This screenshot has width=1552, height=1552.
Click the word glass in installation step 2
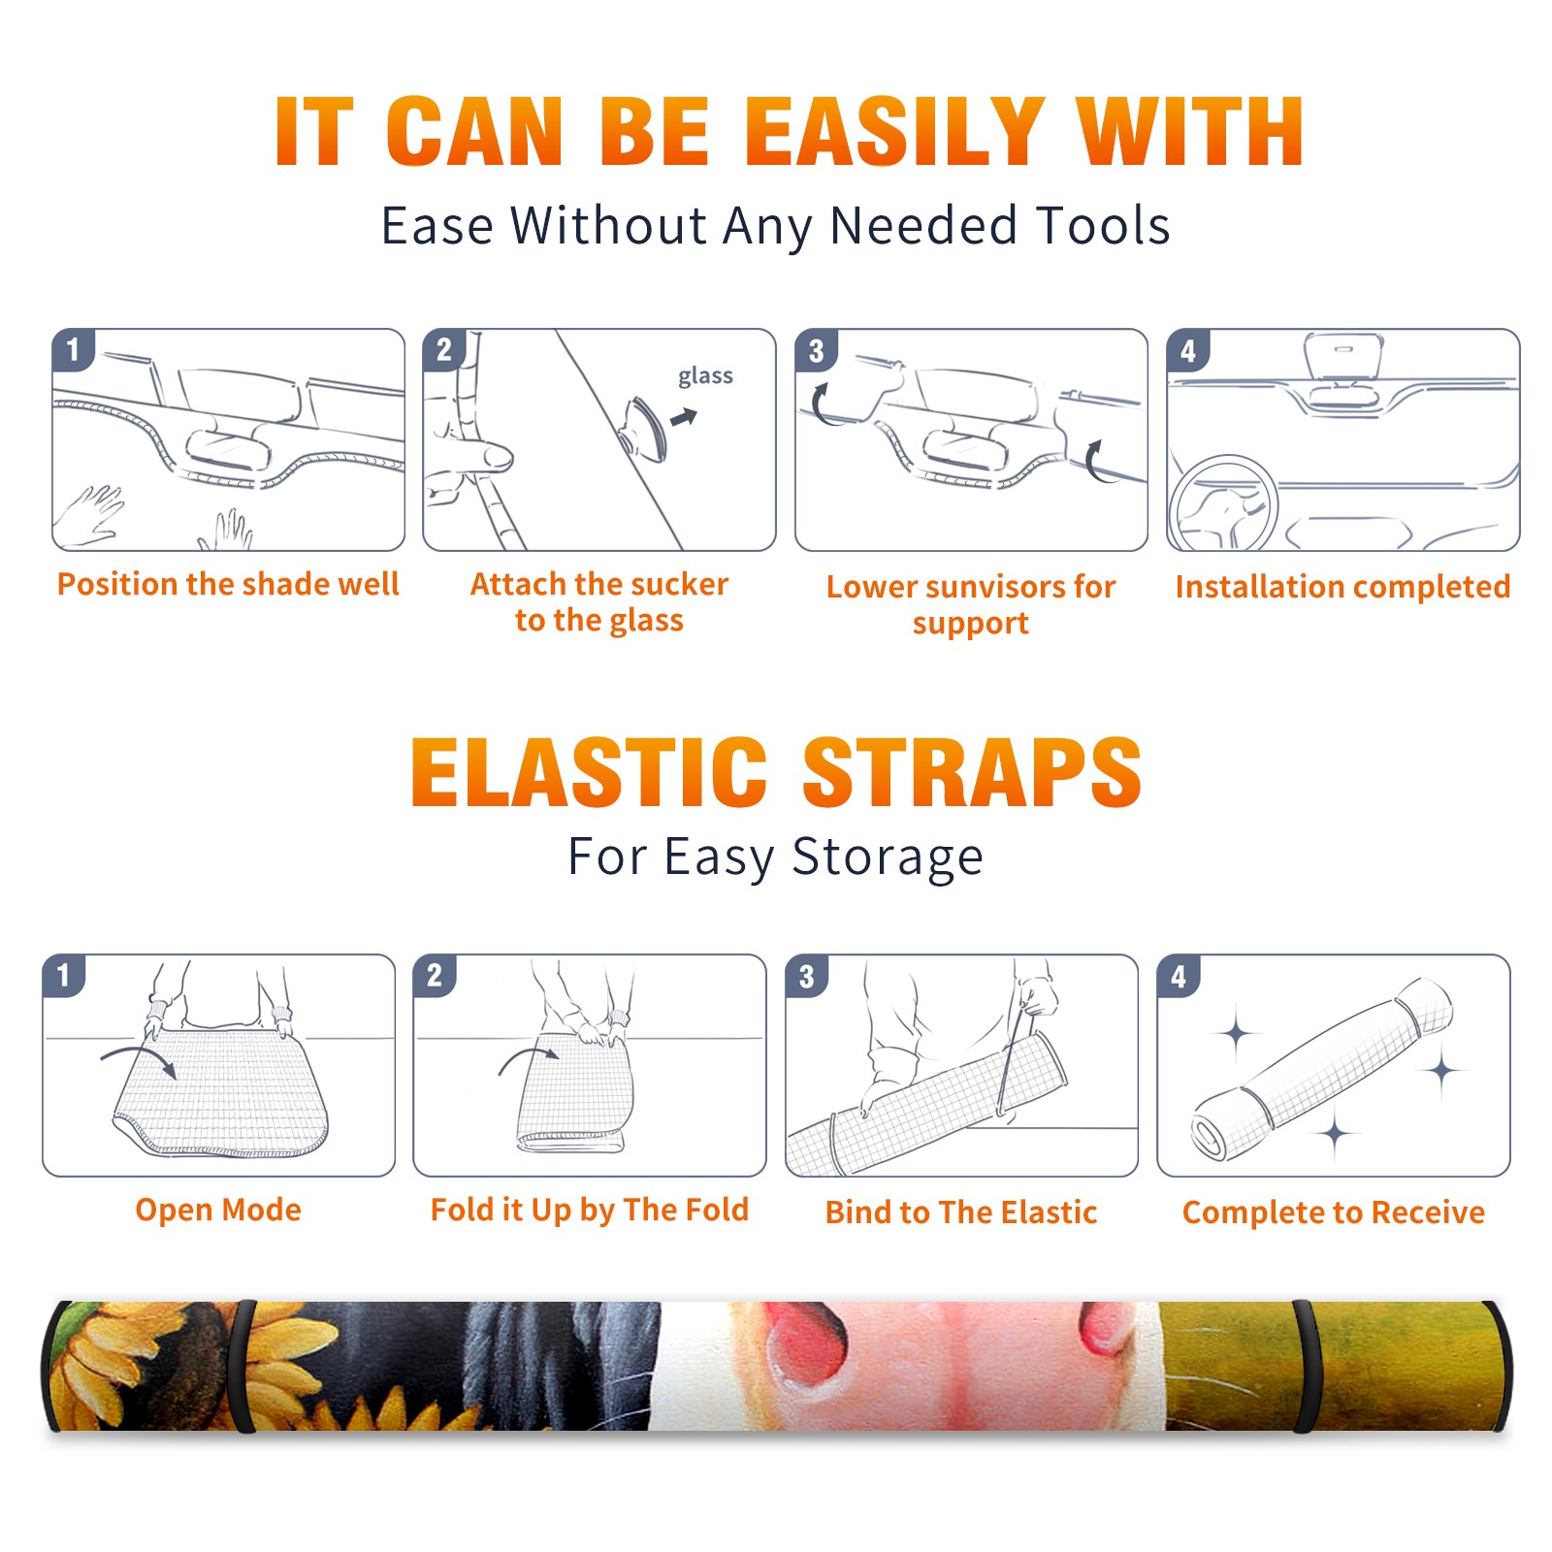tap(705, 376)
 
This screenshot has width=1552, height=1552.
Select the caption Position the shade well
tap(228, 584)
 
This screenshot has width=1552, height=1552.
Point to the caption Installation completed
tap(1342, 586)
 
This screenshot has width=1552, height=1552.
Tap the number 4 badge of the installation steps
tap(1188, 350)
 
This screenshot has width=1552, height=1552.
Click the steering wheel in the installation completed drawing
tap(1222, 504)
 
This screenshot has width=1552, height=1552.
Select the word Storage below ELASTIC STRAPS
tap(888, 857)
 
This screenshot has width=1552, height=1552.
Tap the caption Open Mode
tap(218, 1210)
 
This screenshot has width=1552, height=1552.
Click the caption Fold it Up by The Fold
tap(590, 1210)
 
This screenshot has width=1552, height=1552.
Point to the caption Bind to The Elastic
tap(961, 1212)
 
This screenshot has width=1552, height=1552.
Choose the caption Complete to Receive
tap(1334, 1212)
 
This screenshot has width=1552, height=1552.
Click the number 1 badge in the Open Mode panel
tap(64, 975)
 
